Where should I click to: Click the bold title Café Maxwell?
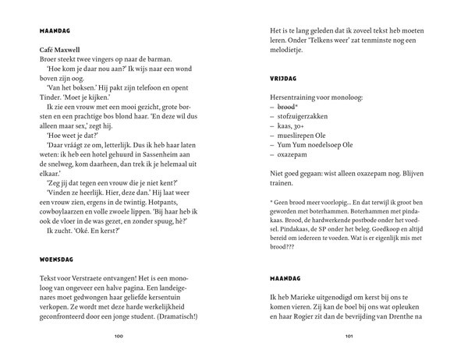pyautogui.click(x=60, y=49)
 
